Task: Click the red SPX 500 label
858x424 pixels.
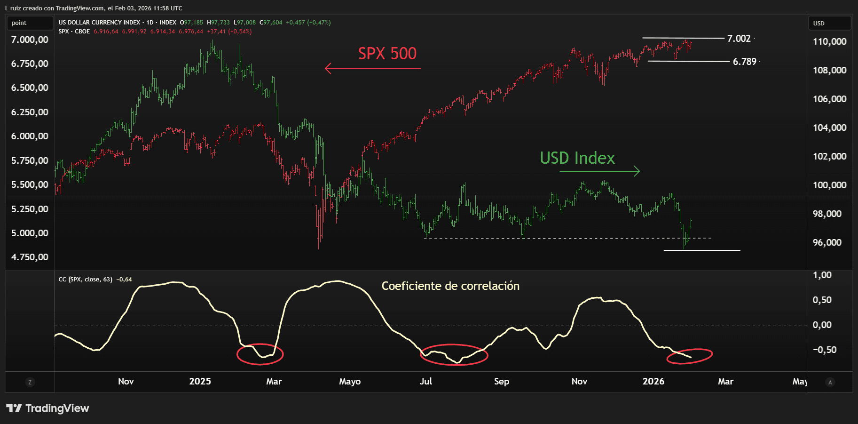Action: pyautogui.click(x=387, y=54)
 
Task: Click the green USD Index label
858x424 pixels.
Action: pyautogui.click(x=577, y=158)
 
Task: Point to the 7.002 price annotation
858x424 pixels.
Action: pyautogui.click(x=739, y=39)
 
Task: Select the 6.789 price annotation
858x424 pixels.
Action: pyautogui.click(x=744, y=62)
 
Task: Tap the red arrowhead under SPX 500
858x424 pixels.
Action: pyautogui.click(x=328, y=69)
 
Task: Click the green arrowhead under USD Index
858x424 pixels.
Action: pyautogui.click(x=637, y=171)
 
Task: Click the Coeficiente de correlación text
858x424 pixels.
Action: pyautogui.click(x=450, y=286)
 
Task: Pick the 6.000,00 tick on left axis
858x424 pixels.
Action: pyautogui.click(x=30, y=136)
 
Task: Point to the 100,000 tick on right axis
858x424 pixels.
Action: pyautogui.click(x=829, y=185)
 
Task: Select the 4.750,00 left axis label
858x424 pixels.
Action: pyautogui.click(x=30, y=257)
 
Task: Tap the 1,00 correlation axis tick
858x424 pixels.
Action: pyautogui.click(x=822, y=275)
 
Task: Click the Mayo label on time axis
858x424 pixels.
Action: pyautogui.click(x=349, y=381)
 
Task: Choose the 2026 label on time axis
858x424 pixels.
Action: pyautogui.click(x=653, y=381)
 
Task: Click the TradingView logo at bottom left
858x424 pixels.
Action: pyautogui.click(x=47, y=408)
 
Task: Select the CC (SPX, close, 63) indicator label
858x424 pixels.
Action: pyautogui.click(x=85, y=280)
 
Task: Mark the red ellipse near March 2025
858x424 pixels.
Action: pyautogui.click(x=260, y=354)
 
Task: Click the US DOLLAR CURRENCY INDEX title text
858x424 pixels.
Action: pyautogui.click(x=99, y=23)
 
